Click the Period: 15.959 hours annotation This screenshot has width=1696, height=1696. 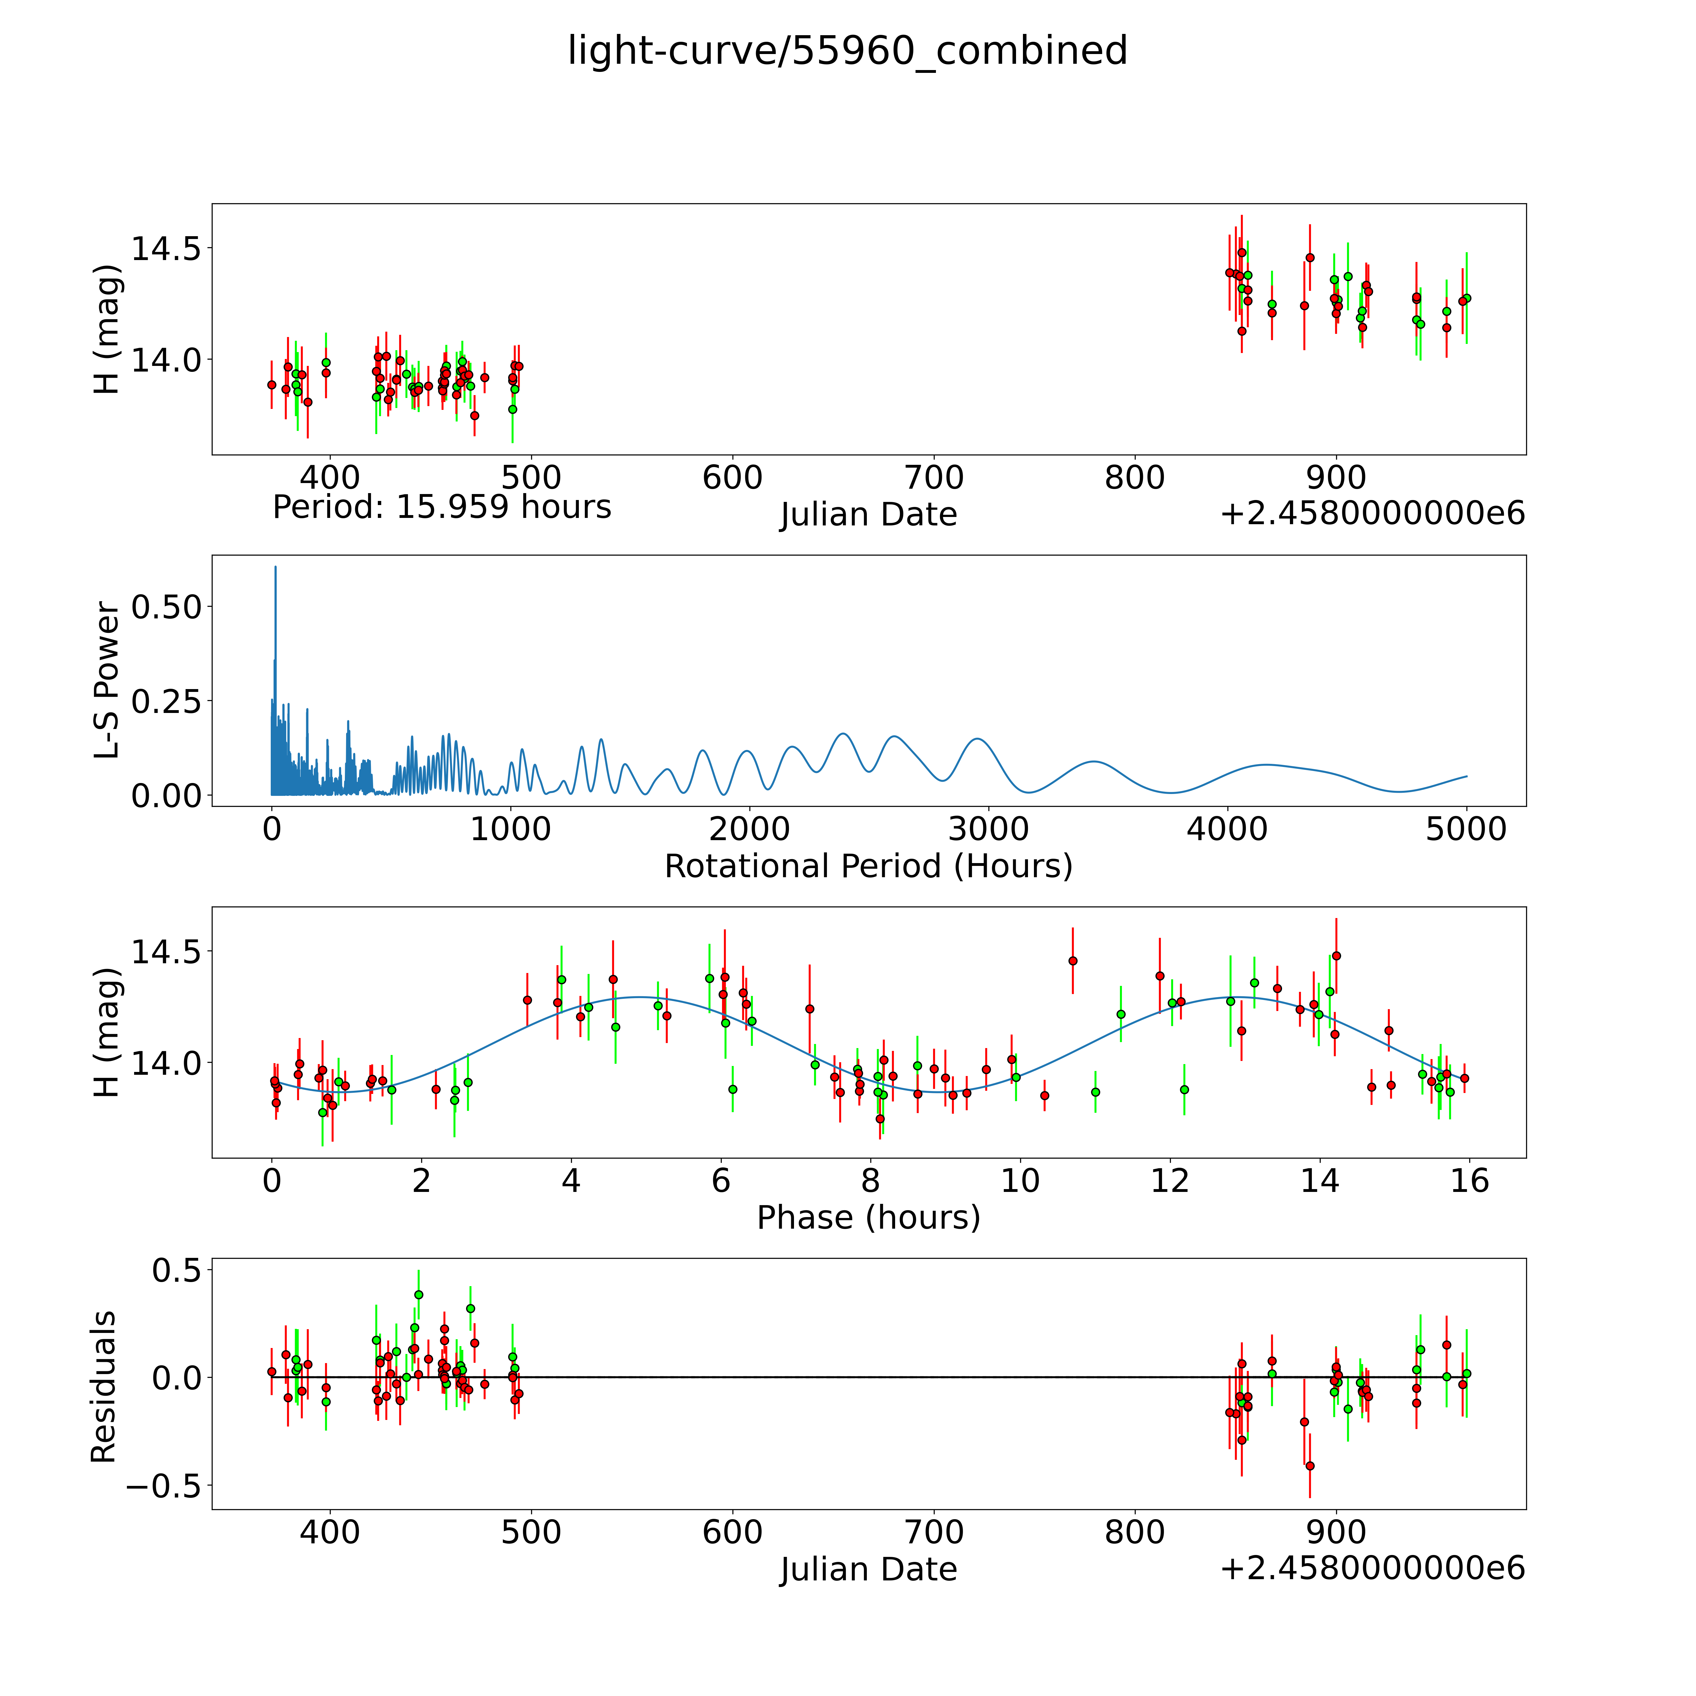click(442, 508)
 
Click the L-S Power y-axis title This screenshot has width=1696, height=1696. click(106, 680)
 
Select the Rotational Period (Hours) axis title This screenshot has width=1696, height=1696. click(868, 867)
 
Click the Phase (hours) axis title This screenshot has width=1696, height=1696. click(868, 1218)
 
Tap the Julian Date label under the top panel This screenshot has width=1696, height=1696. click(868, 514)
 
